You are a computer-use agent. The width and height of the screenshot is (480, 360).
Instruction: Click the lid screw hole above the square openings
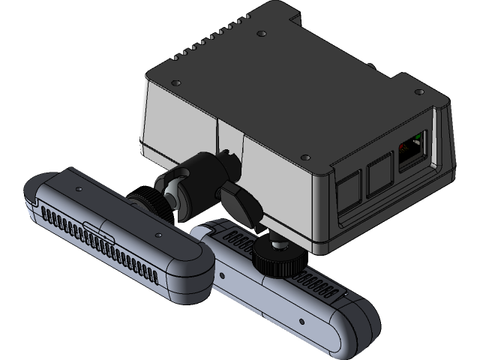(x=305, y=157)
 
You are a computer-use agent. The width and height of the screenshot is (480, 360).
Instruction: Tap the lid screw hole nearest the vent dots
(x=175, y=82)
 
